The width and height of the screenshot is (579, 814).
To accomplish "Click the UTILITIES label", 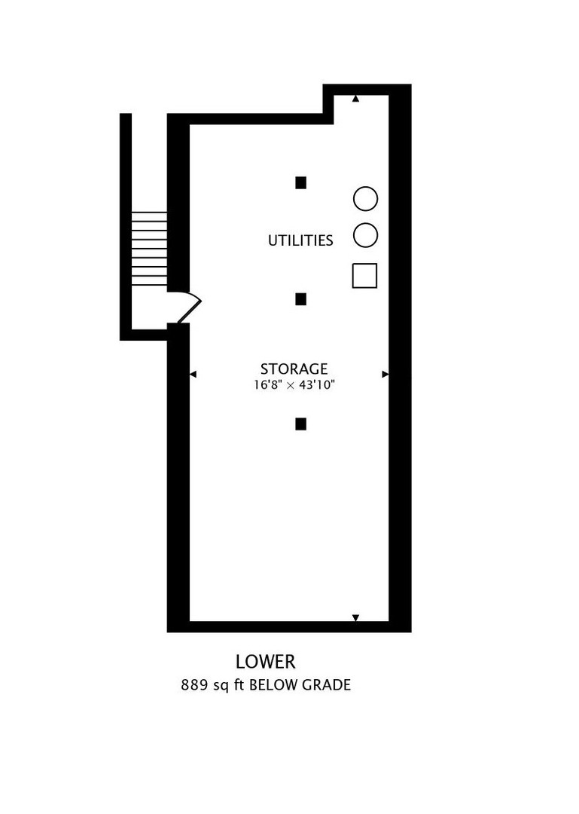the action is tap(300, 240).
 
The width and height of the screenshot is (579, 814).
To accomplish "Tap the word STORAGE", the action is tap(294, 369).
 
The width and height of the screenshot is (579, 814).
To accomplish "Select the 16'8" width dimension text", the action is tap(268, 385).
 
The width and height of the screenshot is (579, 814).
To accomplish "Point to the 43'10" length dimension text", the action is tap(317, 385).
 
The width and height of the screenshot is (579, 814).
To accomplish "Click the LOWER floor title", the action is tap(266, 662).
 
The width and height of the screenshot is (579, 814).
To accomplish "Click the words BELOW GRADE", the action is tap(300, 685).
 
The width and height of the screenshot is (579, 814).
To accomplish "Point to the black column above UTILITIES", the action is tap(301, 182).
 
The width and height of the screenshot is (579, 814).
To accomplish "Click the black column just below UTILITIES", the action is tap(301, 299).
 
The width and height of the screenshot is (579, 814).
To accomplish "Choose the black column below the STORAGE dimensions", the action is tap(301, 424).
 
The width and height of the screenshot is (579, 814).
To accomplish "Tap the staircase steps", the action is tap(149, 249).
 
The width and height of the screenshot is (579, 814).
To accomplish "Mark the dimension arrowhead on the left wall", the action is tap(193, 374).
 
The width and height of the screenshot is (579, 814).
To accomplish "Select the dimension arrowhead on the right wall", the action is tap(385, 374).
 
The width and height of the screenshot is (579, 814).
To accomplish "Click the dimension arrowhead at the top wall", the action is tap(355, 99).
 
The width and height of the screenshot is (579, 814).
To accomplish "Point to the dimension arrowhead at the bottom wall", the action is tap(355, 618).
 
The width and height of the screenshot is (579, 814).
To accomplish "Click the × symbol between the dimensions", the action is tap(291, 386).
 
